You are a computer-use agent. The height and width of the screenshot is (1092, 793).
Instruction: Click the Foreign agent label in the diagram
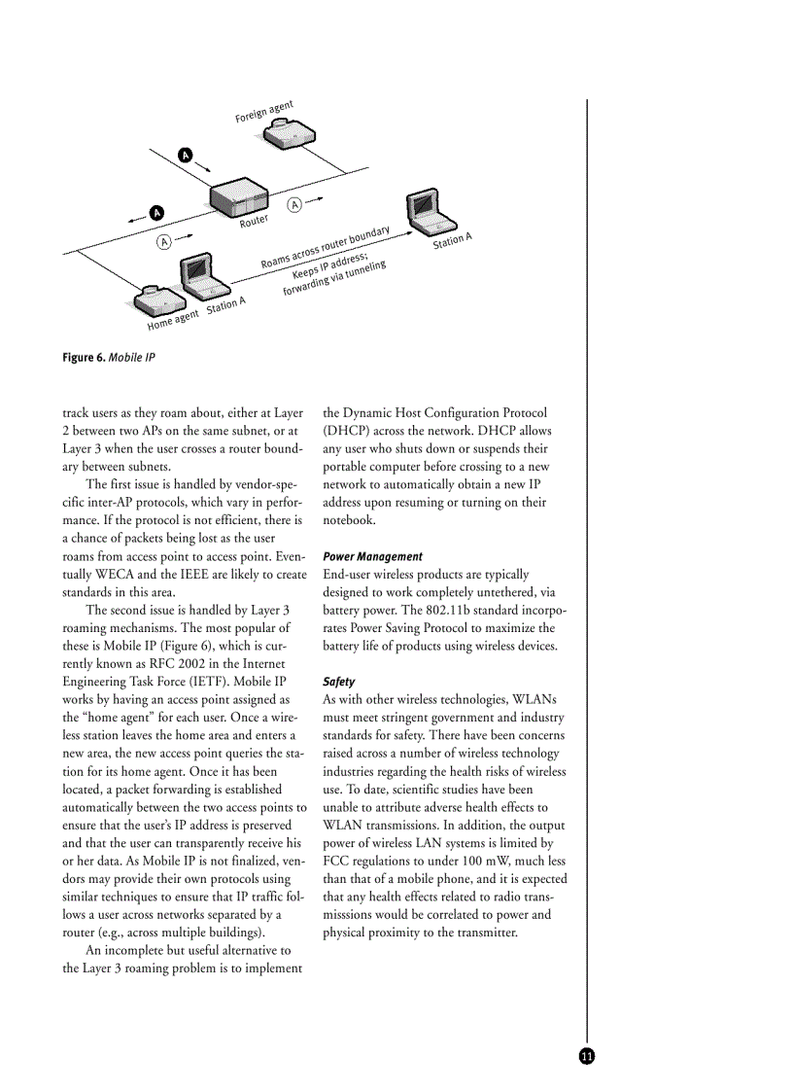click(x=263, y=112)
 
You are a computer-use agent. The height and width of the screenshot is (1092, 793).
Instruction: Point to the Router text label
click(x=254, y=223)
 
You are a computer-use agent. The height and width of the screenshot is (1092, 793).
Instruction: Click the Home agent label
click(x=173, y=318)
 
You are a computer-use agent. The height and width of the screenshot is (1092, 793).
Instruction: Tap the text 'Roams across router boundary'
click(x=326, y=248)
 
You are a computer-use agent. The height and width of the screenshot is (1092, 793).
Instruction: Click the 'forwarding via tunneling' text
click(x=334, y=279)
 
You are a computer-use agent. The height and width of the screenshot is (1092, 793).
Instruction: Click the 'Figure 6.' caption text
click(x=84, y=358)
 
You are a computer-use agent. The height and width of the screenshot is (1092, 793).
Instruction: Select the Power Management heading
click(x=372, y=557)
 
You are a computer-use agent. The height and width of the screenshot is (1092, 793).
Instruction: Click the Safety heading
click(x=338, y=683)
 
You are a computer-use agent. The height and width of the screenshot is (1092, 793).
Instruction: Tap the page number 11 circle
click(x=586, y=1057)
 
